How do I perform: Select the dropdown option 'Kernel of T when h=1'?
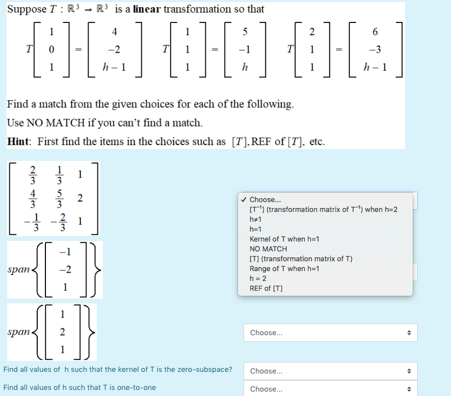click(x=284, y=239)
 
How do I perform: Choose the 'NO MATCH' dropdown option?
click(x=268, y=249)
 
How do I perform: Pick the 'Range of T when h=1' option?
click(x=284, y=268)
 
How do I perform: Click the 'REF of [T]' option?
click(x=266, y=288)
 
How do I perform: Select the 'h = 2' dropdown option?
click(x=258, y=278)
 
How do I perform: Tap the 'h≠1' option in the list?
click(x=256, y=219)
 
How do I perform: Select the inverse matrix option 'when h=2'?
click(x=323, y=209)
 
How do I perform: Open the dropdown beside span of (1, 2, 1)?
click(x=330, y=332)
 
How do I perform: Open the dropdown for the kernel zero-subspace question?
click(x=330, y=371)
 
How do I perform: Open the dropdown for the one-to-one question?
click(x=330, y=389)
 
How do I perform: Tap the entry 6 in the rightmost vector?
click(x=375, y=32)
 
